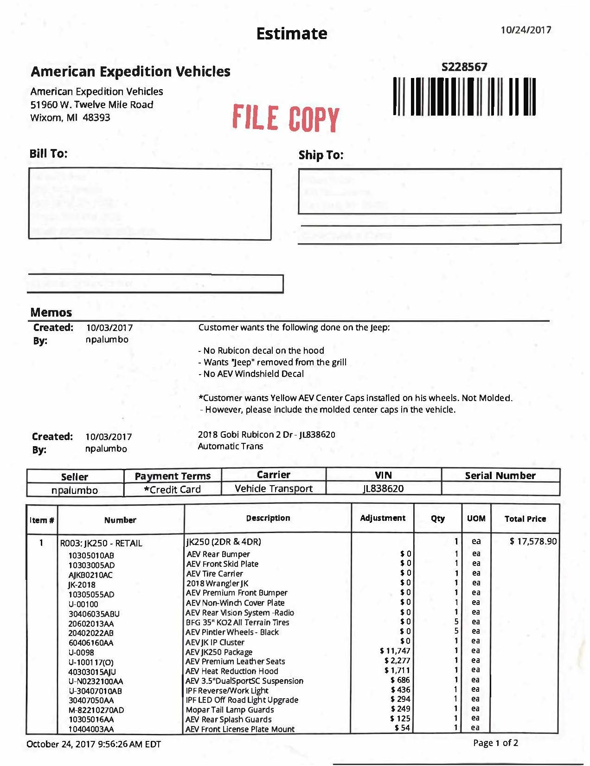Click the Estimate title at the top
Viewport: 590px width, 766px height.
tap(291, 34)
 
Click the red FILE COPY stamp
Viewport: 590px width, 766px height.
tap(285, 118)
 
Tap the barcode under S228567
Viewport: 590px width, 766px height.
tap(464, 97)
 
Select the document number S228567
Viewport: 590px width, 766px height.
tap(464, 67)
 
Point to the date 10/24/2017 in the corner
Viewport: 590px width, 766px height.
tap(526, 30)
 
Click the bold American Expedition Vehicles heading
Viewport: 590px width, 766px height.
tap(130, 71)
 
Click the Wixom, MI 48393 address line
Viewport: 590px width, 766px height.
tap(70, 117)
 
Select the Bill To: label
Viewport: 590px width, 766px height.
tap(48, 154)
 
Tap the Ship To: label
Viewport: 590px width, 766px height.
tap(321, 155)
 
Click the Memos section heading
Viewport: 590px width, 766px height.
tap(51, 312)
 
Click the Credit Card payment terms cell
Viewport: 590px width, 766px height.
tap(172, 489)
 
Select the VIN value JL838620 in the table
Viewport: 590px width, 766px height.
tap(383, 488)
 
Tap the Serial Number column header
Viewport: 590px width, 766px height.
tap(500, 475)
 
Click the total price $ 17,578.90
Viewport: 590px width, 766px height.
tap(533, 541)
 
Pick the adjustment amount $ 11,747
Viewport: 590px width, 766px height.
tap(395, 651)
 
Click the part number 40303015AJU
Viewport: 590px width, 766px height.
tap(92, 672)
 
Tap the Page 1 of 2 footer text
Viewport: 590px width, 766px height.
tap(495, 743)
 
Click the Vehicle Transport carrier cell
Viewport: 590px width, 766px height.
tap(274, 488)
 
